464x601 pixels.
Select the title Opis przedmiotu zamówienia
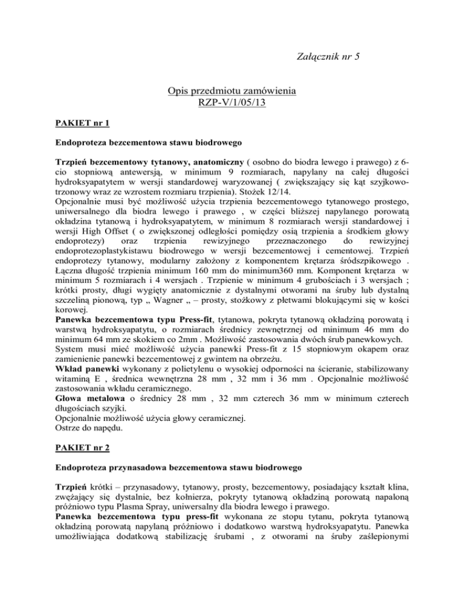point(232,92)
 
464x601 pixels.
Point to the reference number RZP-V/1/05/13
point(232,104)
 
